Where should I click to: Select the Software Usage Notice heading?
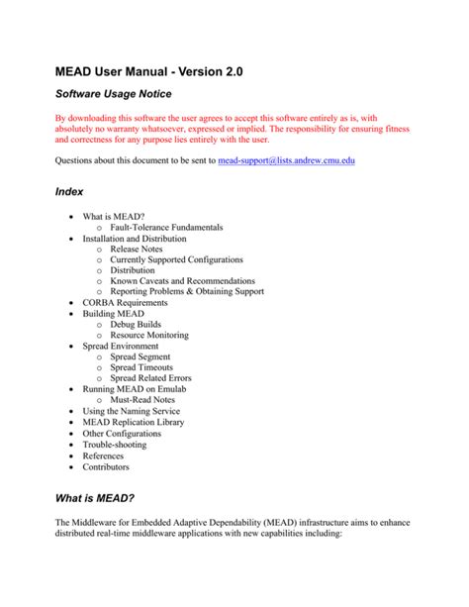(x=113, y=94)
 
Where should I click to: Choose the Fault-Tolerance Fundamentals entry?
(x=166, y=227)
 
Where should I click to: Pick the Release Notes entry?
(x=137, y=249)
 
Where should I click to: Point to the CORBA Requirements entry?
(x=125, y=303)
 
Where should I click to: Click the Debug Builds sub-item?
(x=138, y=324)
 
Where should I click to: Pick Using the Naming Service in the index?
(x=132, y=411)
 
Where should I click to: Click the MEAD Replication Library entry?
(x=135, y=422)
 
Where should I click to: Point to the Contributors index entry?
(x=106, y=465)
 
